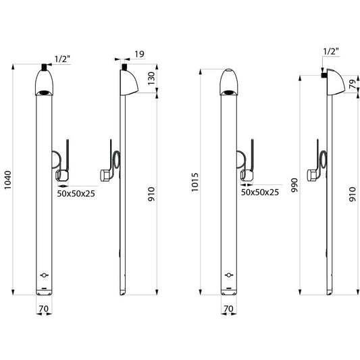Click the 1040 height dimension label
tap(7, 180)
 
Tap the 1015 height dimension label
tap(195, 182)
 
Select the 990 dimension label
tap(294, 185)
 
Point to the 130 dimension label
tap(151, 78)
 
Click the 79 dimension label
tap(353, 84)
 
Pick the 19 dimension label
tap(139, 54)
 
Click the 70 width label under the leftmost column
tap(44, 309)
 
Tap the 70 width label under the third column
tap(228, 309)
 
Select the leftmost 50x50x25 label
tap(76, 194)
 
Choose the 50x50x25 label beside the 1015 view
tap(260, 192)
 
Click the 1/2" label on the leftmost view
tap(62, 59)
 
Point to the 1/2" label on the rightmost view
tap(331, 51)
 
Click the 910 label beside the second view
tap(151, 195)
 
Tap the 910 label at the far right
tap(353, 195)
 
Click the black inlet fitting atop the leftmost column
tap(44, 67)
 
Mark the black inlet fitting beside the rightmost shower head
tap(324, 75)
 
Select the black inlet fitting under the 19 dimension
tap(124, 67)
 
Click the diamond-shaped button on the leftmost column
tap(44, 275)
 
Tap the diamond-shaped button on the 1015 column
tap(229, 275)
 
